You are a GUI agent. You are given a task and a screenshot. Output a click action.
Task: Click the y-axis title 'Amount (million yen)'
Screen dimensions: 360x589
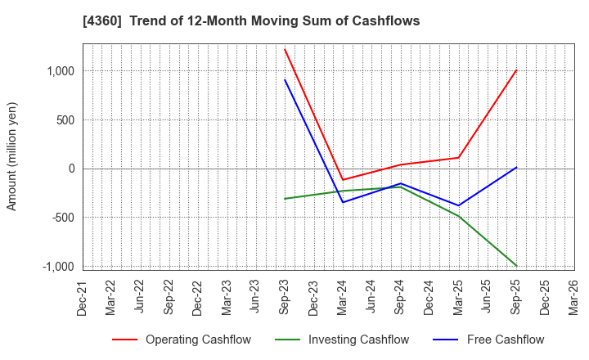click(x=12, y=156)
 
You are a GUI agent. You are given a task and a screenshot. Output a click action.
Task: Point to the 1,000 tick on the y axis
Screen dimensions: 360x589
click(x=59, y=71)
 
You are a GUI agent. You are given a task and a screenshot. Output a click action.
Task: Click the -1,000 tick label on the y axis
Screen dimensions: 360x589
click(x=56, y=267)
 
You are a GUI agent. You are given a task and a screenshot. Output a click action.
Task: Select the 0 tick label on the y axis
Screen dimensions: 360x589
click(x=71, y=169)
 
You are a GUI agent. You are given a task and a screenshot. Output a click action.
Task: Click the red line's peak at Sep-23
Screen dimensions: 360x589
click(x=285, y=49)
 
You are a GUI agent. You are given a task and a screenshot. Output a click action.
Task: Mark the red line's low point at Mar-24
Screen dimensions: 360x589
click(x=343, y=180)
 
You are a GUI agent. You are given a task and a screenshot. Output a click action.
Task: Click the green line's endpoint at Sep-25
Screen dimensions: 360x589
click(x=516, y=266)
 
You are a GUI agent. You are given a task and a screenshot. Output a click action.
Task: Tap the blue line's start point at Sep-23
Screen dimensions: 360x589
click(x=285, y=79)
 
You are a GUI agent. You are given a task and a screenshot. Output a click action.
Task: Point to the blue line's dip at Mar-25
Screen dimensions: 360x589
click(x=458, y=205)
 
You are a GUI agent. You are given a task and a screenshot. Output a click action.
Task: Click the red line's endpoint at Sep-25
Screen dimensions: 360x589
click(x=516, y=70)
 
